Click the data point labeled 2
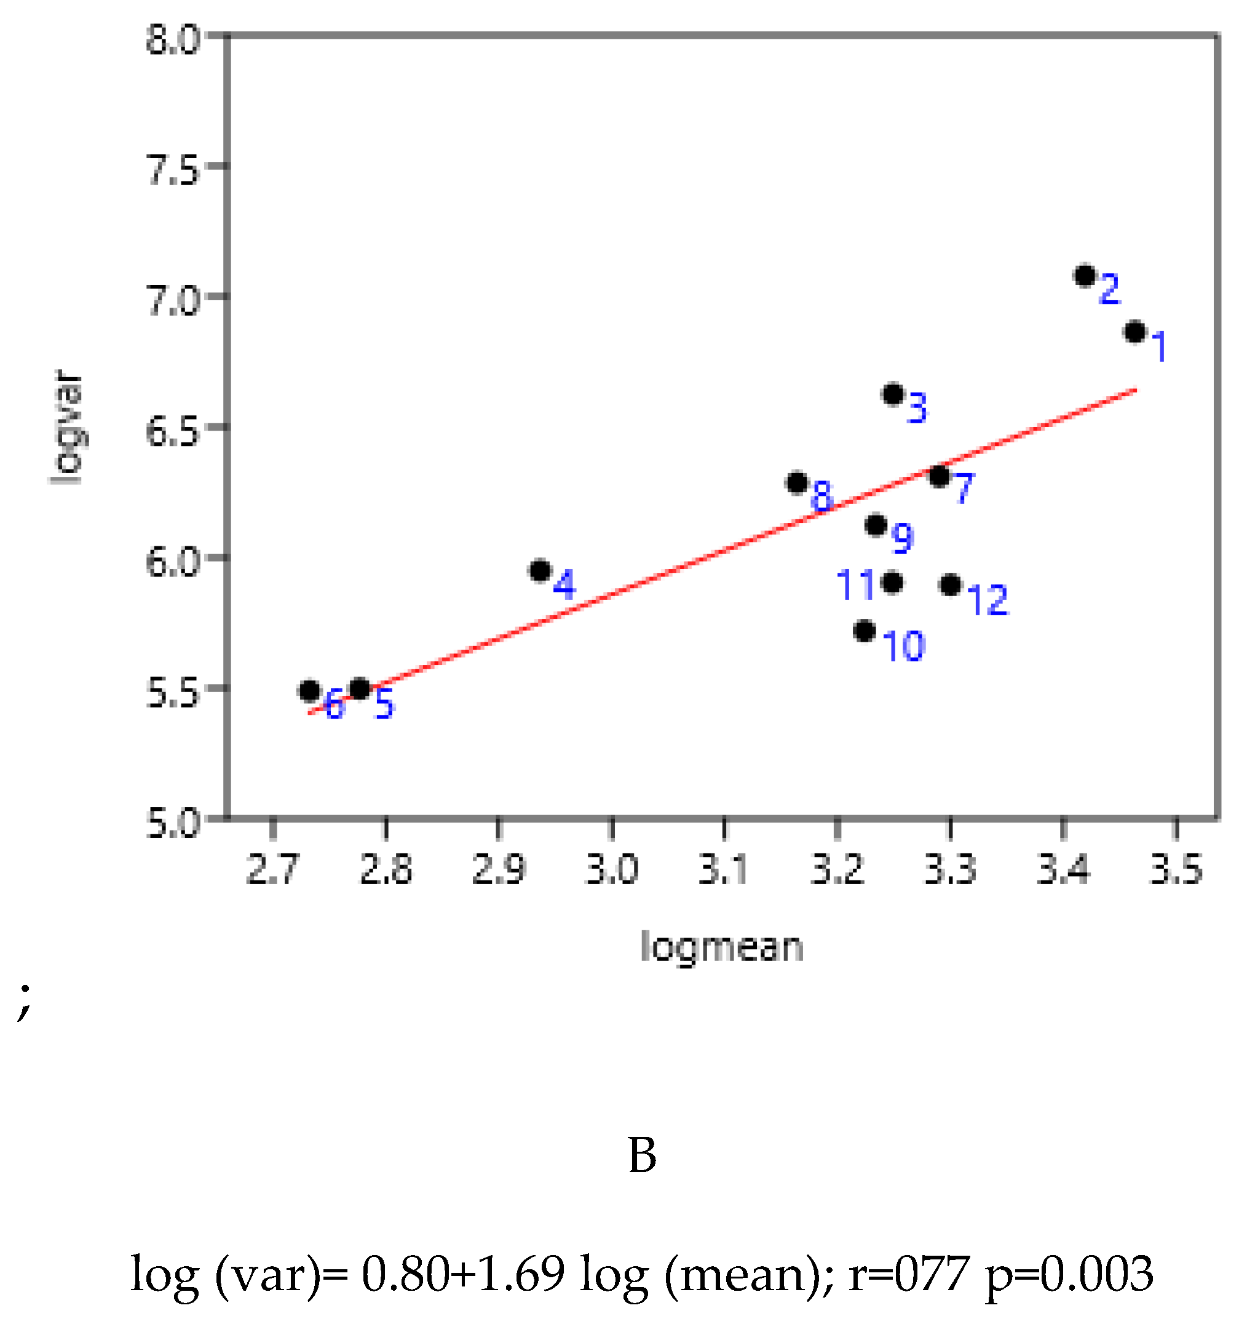(x=1085, y=275)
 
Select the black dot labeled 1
(x=1135, y=332)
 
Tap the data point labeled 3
(x=893, y=394)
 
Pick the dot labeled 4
(x=540, y=571)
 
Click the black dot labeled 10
(x=864, y=631)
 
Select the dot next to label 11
(x=892, y=583)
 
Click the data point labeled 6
(x=309, y=692)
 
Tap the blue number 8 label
(x=822, y=497)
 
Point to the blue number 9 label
(x=903, y=538)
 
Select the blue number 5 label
(x=384, y=704)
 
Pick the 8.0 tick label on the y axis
(x=172, y=39)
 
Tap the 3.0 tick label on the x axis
(x=612, y=870)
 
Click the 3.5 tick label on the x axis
(x=1176, y=870)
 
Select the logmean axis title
(x=722, y=947)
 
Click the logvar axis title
(x=67, y=427)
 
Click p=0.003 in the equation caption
(x=1068, y=1273)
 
